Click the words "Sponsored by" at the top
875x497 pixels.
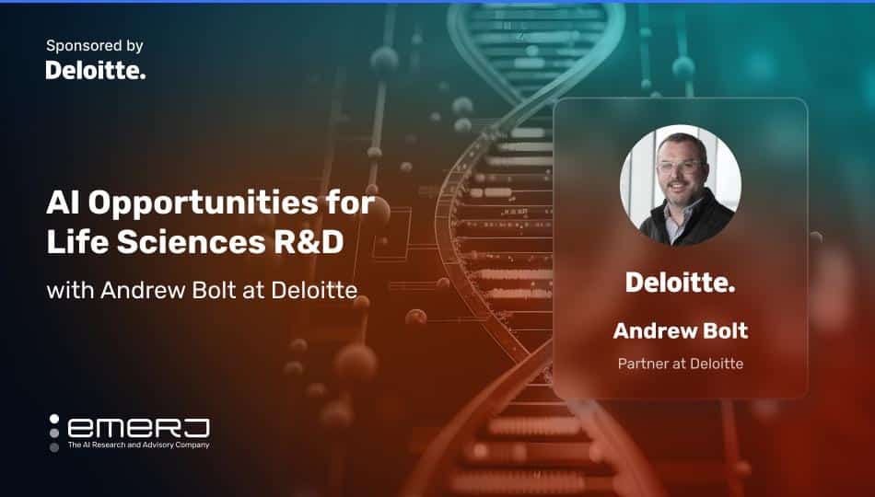[x=94, y=45]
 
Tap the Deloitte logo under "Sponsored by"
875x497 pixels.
[x=95, y=70]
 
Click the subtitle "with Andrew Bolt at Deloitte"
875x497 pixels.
[x=202, y=291]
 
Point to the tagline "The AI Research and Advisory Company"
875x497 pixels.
[x=138, y=445]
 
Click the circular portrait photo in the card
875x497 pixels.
[x=680, y=185]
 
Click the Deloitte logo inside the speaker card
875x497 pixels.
[x=680, y=283]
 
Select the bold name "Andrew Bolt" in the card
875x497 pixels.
[x=680, y=330]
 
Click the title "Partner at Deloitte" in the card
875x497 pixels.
[x=680, y=364]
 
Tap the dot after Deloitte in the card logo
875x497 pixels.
[x=731, y=290]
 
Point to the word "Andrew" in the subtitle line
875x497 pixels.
[x=133, y=291]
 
